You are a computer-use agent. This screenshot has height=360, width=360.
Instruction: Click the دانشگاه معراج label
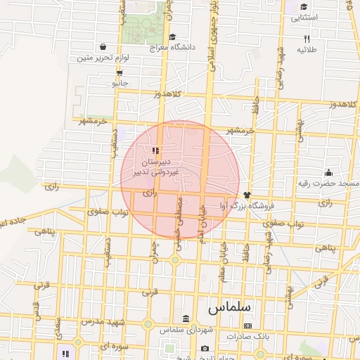point(173,49)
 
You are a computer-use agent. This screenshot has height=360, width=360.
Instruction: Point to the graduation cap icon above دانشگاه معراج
point(173,37)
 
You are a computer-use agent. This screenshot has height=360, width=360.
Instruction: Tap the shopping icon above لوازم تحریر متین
point(104,48)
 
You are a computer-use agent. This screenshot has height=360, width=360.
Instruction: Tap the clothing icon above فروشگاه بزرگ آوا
point(247,195)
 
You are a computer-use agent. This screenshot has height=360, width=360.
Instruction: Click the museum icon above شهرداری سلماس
point(186,319)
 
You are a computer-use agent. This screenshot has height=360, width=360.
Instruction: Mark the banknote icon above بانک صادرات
point(247,326)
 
